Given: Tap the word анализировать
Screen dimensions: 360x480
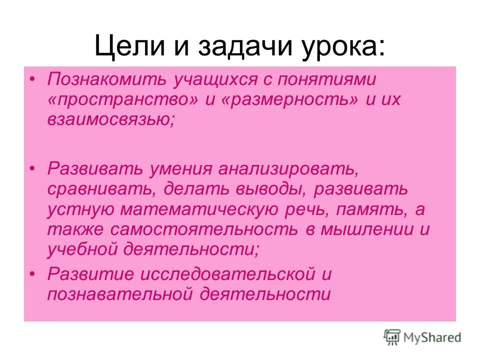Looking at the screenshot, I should click(287, 168).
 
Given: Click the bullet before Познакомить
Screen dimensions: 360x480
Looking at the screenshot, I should click(33, 79).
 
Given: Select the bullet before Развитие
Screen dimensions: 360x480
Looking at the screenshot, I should click(33, 274).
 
